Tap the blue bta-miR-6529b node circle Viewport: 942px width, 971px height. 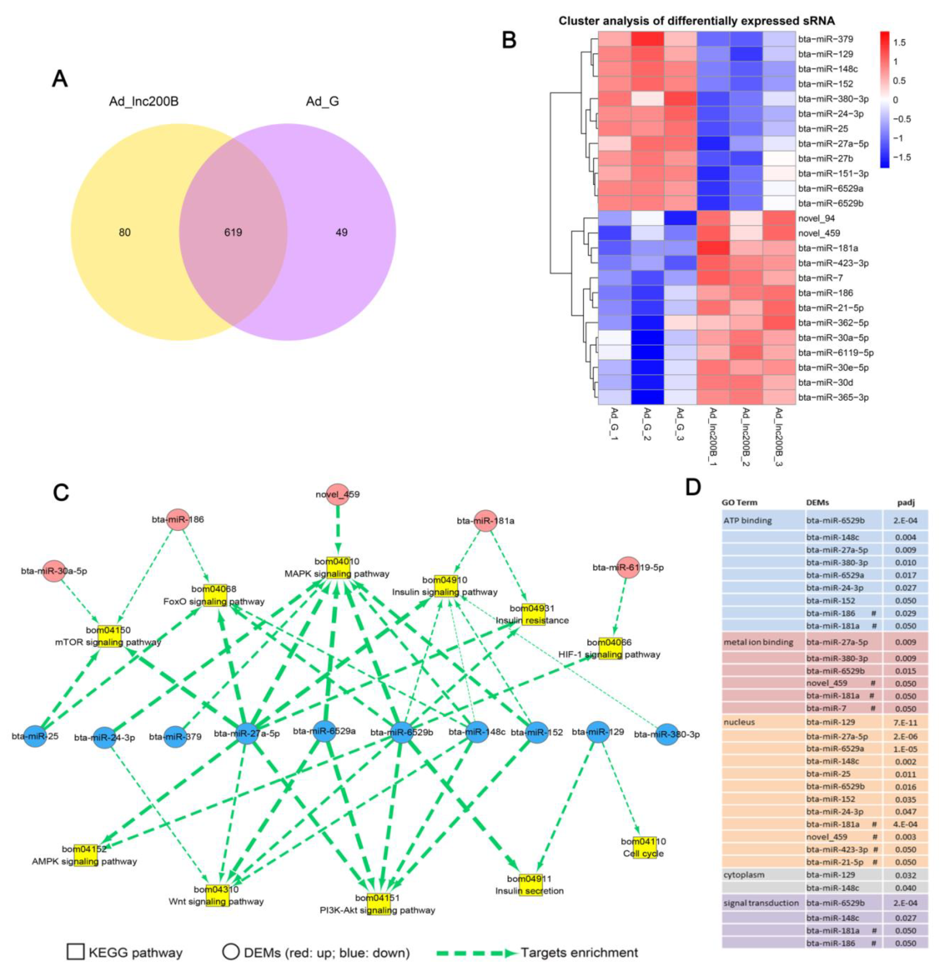point(402,732)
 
